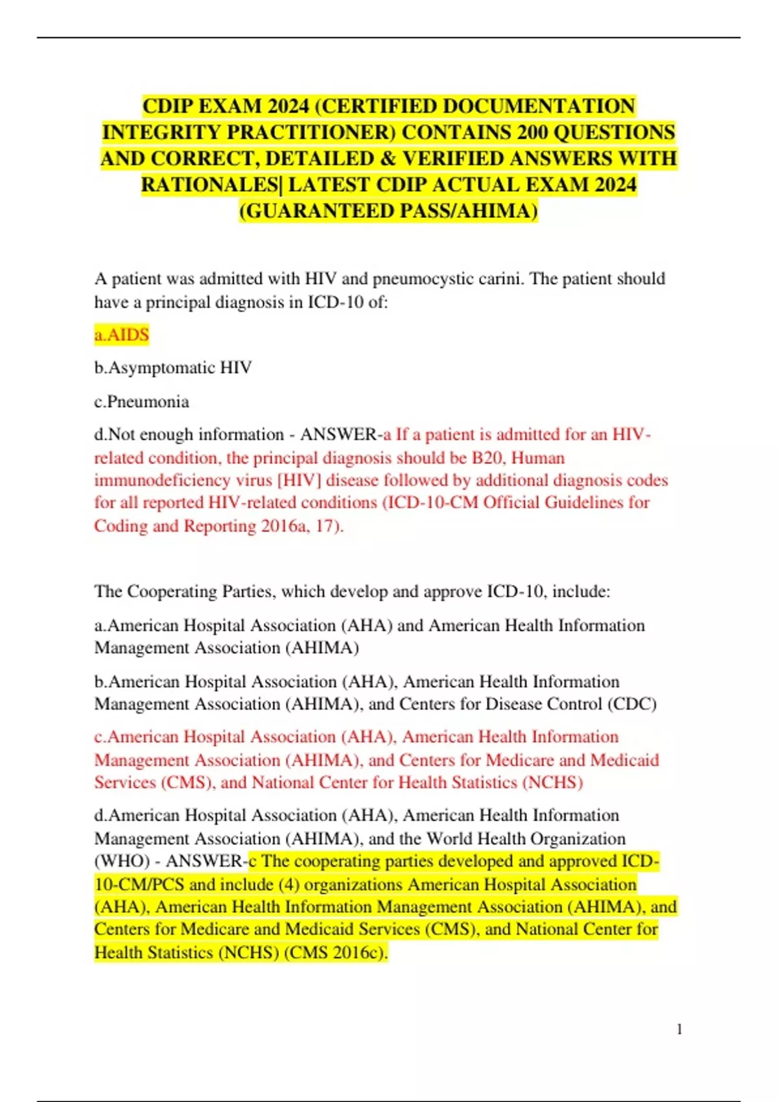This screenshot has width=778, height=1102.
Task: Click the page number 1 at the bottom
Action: (x=679, y=1029)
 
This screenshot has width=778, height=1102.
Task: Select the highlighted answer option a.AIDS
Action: (x=122, y=335)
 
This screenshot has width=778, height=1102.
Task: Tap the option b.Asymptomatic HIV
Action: (x=173, y=368)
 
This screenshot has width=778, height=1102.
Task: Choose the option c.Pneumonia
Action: (x=142, y=401)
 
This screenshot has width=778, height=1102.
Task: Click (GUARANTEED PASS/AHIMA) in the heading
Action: (x=389, y=211)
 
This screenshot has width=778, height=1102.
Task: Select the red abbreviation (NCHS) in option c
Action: (x=553, y=782)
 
